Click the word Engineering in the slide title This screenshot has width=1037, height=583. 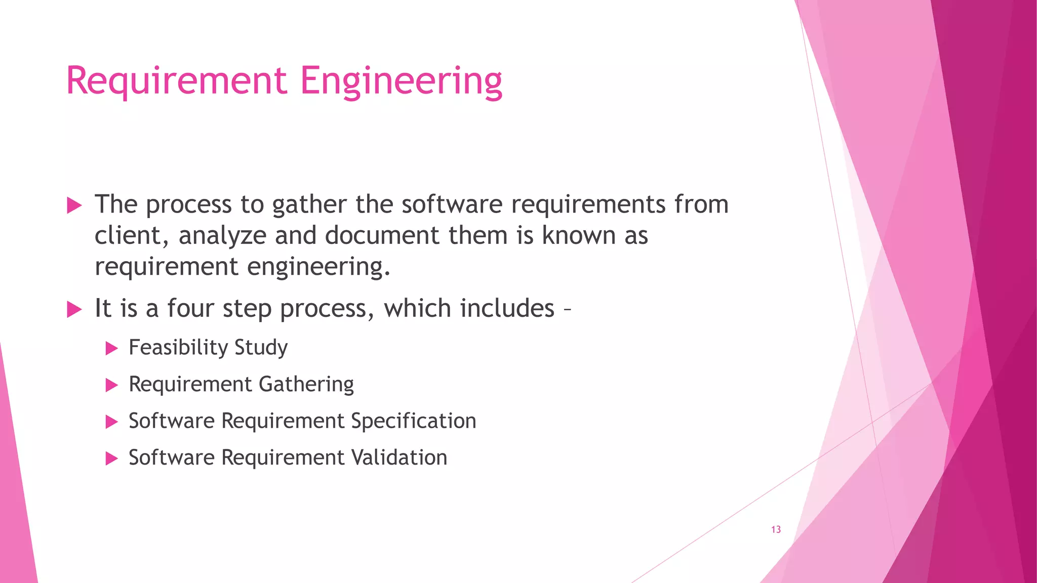point(401,81)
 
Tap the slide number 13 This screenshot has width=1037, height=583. point(776,529)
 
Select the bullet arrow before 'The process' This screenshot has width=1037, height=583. point(74,205)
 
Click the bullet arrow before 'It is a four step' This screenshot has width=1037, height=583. point(74,309)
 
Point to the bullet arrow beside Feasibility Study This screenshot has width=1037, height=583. point(111,348)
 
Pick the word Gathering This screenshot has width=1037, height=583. point(306,385)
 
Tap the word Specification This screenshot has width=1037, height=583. point(413,421)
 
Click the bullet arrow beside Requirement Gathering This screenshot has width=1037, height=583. point(111,385)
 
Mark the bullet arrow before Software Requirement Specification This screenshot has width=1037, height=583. point(111,422)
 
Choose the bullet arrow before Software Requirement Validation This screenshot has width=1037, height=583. point(111,459)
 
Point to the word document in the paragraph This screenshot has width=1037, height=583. point(382,236)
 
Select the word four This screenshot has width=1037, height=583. point(191,308)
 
